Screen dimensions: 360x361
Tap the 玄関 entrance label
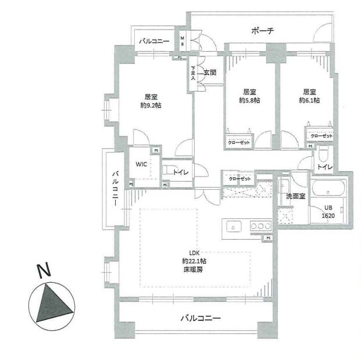209,73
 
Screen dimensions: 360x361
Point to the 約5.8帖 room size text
250,100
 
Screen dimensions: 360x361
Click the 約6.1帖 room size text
309,100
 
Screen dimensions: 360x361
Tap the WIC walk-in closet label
141,164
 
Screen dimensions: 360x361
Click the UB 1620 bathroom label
330,211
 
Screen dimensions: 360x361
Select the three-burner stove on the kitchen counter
260,226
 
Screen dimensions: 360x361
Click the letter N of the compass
42,271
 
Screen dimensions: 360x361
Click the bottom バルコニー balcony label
201,318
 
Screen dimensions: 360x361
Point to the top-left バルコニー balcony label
153,42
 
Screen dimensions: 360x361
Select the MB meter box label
182,42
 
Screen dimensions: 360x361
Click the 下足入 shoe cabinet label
194,72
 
